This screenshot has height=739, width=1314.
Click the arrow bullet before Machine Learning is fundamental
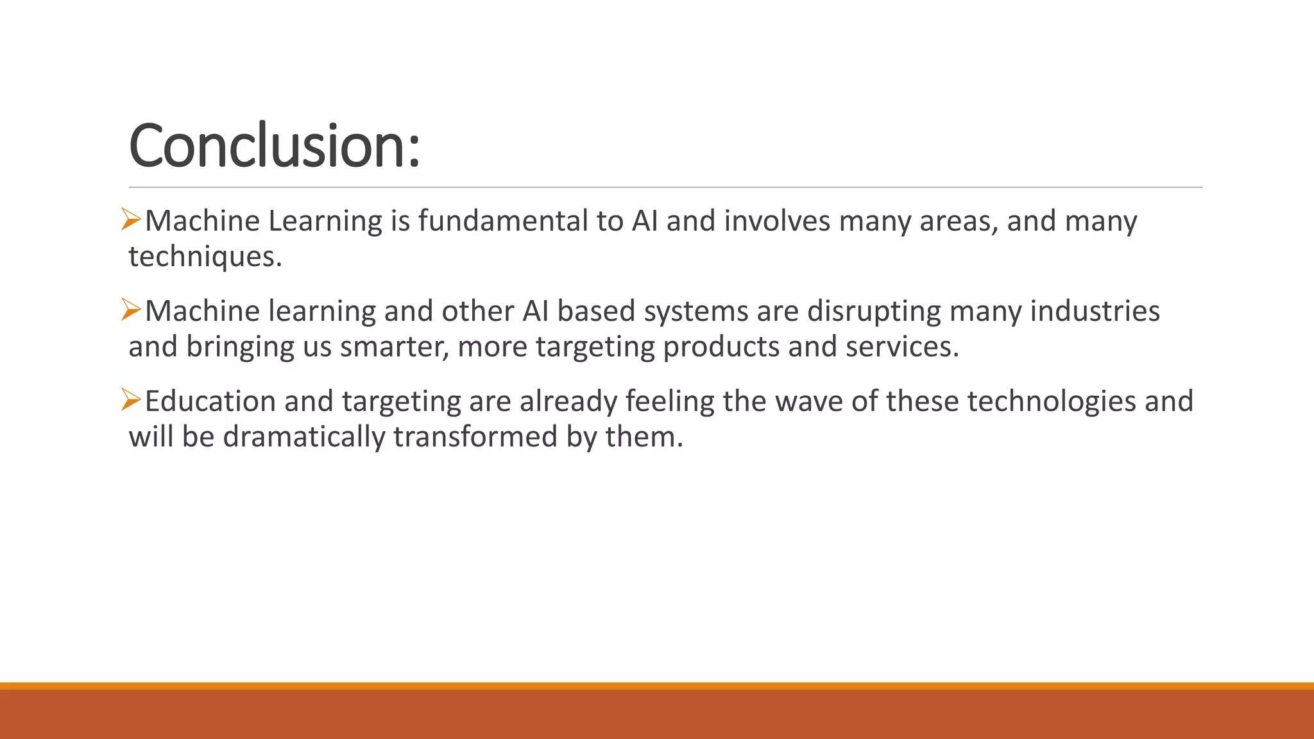pos(131,220)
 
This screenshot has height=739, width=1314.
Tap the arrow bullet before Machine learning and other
pos(131,310)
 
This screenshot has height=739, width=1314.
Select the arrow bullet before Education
pos(131,401)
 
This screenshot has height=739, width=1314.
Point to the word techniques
pos(204,257)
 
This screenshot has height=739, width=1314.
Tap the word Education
pos(210,402)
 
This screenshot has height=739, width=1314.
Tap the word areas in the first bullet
pos(958,221)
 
